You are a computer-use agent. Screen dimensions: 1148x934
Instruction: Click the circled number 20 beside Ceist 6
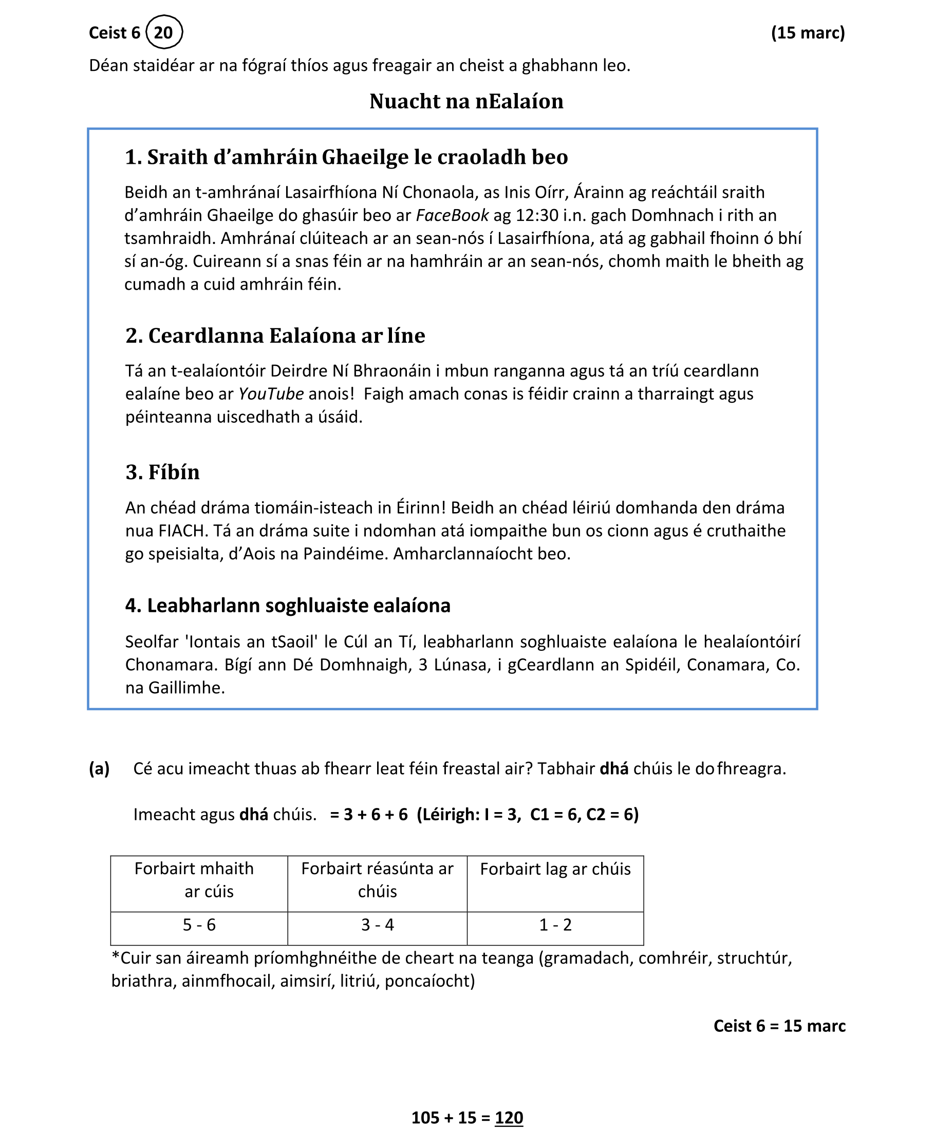coord(163,32)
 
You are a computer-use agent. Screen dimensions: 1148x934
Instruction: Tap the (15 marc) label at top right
coord(808,33)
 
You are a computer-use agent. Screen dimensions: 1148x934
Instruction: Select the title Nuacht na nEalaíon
coord(466,101)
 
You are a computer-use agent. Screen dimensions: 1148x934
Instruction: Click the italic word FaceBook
coord(452,215)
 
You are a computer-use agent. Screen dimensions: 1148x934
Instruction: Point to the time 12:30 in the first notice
coord(537,215)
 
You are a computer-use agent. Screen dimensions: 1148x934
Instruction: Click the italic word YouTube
coord(271,394)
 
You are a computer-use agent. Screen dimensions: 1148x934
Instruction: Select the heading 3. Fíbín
coord(162,472)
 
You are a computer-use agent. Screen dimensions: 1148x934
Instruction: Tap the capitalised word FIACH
coord(183,531)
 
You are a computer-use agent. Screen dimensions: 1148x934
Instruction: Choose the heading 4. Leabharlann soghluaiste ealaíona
coord(288,605)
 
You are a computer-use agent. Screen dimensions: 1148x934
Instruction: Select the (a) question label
coord(99,768)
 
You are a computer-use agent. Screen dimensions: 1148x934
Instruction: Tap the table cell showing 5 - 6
coord(199,924)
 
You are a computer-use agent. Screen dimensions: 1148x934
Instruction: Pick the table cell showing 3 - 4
coord(377,924)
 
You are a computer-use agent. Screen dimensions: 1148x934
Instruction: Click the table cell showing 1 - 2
coord(555,924)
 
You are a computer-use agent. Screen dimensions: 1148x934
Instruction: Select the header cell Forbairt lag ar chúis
coord(555,868)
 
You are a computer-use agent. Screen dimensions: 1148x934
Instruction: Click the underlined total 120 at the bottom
coord(509,1117)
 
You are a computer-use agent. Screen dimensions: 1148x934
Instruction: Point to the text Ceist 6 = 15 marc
coord(779,1025)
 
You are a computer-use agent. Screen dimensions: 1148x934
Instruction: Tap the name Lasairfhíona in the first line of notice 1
coord(331,192)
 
